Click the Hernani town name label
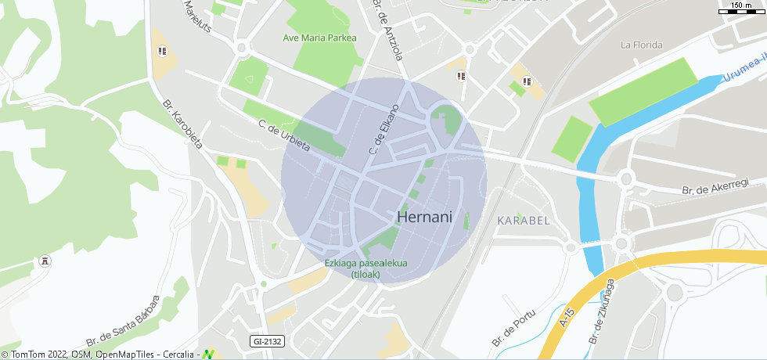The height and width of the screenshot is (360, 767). (x=425, y=216)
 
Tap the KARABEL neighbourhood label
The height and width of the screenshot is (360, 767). (x=524, y=221)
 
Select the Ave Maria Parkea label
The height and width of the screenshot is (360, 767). (x=319, y=38)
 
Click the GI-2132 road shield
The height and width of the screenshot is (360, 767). (x=268, y=341)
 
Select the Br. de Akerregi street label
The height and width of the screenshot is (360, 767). (x=715, y=186)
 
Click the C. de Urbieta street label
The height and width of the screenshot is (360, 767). (x=284, y=135)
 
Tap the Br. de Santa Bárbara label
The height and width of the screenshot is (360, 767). (x=123, y=321)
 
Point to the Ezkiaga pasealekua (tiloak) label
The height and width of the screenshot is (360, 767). (x=365, y=268)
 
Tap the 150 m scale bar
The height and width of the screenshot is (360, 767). (x=741, y=8)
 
